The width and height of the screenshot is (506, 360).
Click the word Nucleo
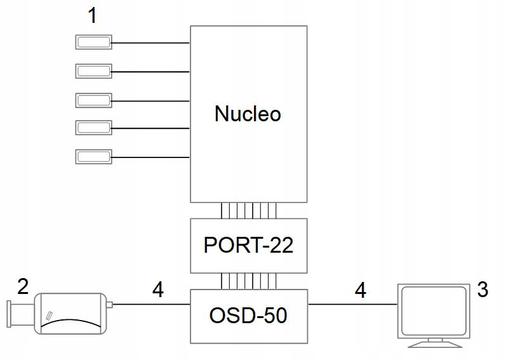click(x=248, y=114)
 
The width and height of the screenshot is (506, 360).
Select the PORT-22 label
click(x=248, y=246)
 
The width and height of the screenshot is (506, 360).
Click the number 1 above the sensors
click(x=93, y=16)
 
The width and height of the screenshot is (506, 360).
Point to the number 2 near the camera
click(x=23, y=287)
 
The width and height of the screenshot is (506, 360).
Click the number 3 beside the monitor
click(x=483, y=290)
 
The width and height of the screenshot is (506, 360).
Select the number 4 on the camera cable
click(x=158, y=291)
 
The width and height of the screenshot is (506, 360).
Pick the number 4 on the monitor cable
click(x=361, y=291)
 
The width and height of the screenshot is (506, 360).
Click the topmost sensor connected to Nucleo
click(x=94, y=43)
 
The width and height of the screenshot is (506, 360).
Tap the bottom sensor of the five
click(x=94, y=156)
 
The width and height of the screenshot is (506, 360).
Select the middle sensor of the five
click(x=94, y=100)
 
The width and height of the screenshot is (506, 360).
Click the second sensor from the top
click(x=94, y=70)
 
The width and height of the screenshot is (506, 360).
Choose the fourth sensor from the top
click(x=94, y=128)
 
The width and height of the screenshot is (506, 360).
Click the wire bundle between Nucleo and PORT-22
click(x=248, y=211)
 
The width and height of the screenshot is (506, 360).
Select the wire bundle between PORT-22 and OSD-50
click(x=248, y=280)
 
